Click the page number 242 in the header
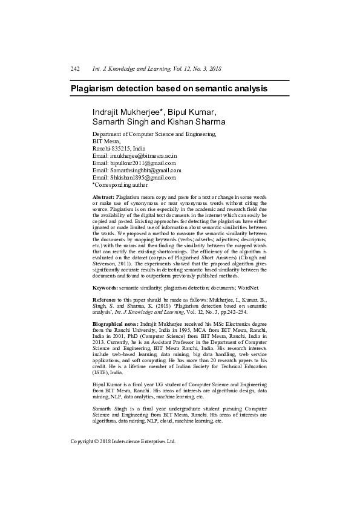tap(75, 70)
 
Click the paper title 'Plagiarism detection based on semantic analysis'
tap(169, 88)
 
